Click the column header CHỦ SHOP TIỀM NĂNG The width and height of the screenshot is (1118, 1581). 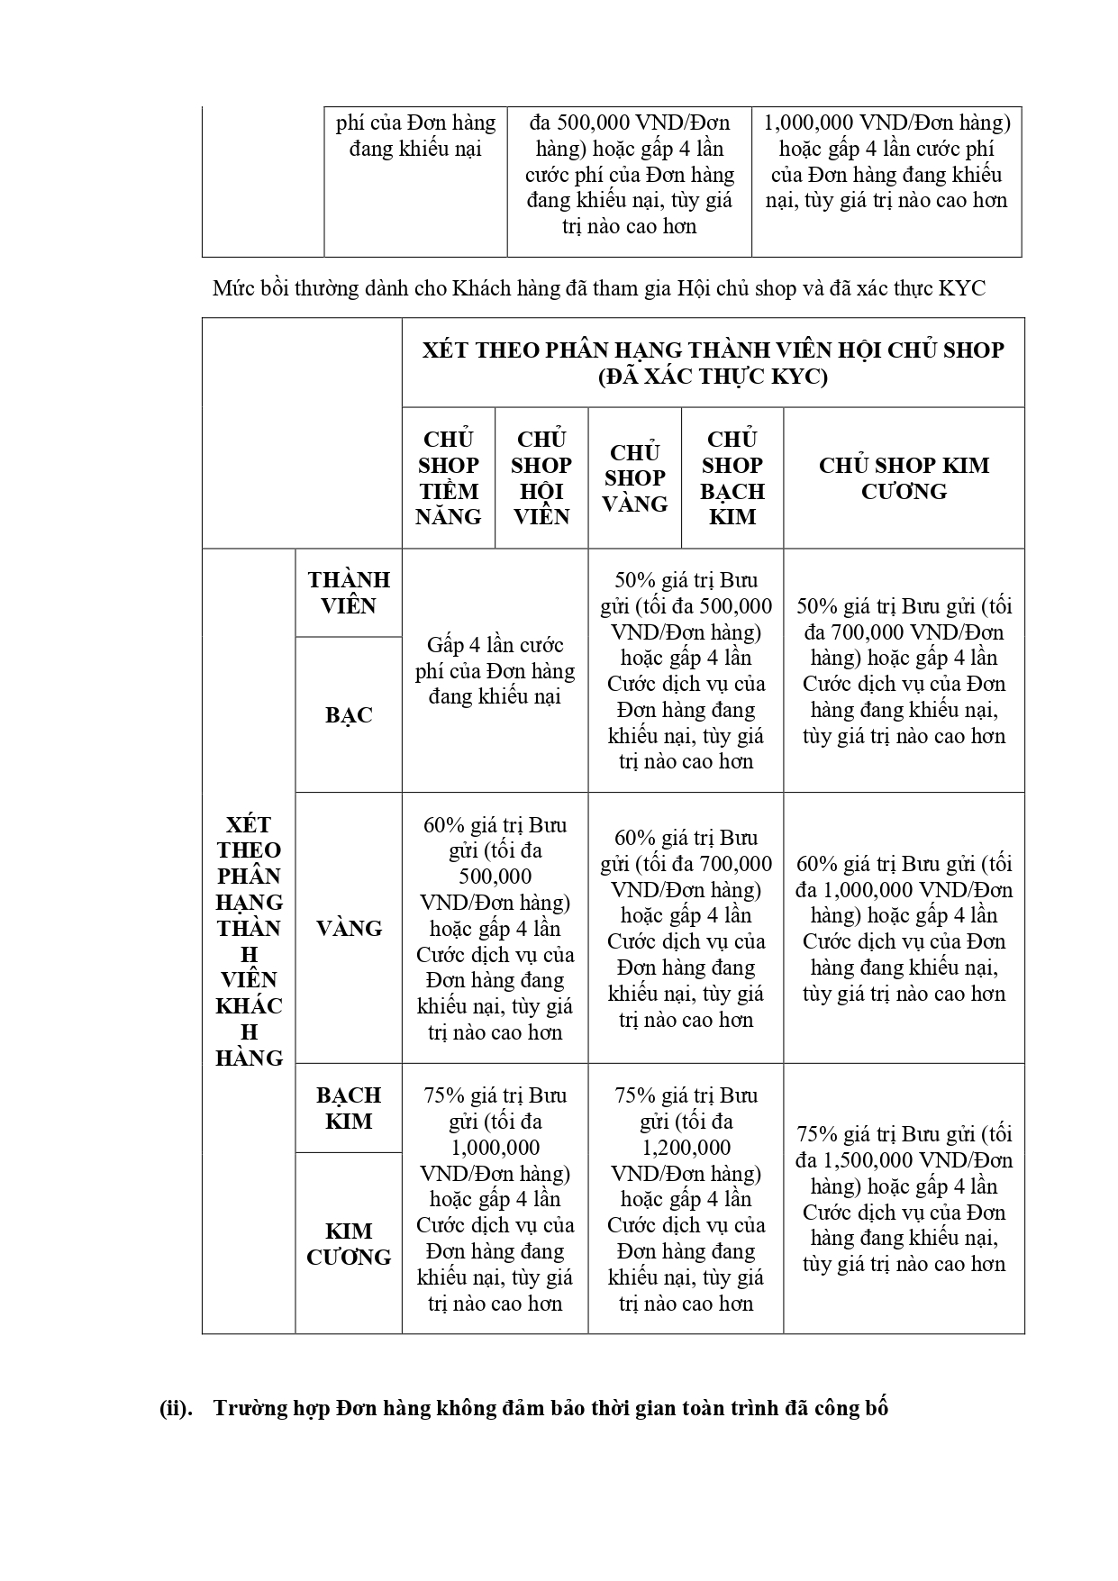pos(448,478)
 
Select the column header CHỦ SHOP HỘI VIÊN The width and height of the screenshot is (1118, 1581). pos(541,478)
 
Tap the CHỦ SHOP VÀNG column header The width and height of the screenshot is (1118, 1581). pos(635,478)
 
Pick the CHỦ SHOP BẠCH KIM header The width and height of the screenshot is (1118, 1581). pos(732,478)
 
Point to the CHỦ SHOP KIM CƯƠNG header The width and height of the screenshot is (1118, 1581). pos(904,478)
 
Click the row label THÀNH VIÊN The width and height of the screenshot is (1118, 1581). pos(349,593)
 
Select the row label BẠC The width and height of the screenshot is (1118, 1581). pos(349,715)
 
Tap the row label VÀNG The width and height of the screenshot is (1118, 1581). pos(349,929)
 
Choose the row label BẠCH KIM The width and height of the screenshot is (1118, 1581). pos(349,1108)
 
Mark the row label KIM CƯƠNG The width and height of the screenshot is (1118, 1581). pos(349,1244)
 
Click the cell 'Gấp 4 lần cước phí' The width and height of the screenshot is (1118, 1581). pos(495,671)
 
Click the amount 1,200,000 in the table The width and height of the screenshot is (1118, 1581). pos(686,1148)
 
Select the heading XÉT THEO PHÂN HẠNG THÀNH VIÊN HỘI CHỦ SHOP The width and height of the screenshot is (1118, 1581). pos(713,350)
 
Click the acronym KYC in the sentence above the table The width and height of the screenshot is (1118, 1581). pos(962,288)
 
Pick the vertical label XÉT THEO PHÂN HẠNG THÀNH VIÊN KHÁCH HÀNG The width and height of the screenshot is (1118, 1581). pos(250,940)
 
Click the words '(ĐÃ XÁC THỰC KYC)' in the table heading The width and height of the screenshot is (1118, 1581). pos(713,377)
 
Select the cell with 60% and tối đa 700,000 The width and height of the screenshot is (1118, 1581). pos(686,929)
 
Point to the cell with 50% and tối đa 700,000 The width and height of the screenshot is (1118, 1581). pos(904,671)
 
